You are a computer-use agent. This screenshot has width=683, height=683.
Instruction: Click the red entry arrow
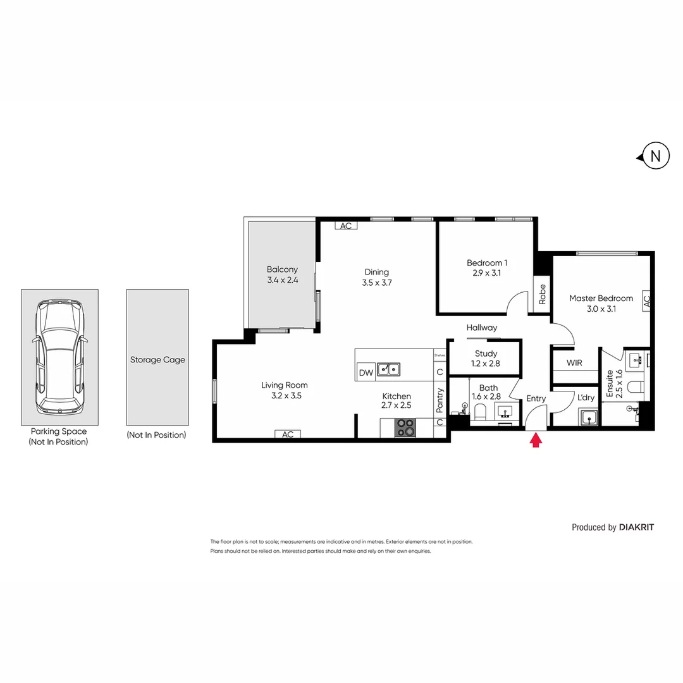[x=536, y=440]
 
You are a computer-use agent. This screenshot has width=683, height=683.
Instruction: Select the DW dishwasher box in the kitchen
[x=366, y=372]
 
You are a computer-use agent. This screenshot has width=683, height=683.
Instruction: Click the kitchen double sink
[x=388, y=369]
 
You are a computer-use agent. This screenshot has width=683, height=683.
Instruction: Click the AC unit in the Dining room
[x=345, y=226]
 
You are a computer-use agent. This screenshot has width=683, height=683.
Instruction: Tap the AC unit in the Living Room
[x=288, y=434]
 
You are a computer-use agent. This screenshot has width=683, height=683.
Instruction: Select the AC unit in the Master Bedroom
[x=646, y=300]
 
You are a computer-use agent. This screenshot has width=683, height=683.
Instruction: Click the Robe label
[x=542, y=295]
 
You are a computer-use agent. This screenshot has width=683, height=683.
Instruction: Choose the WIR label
[x=574, y=363]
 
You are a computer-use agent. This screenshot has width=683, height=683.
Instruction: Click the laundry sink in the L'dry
[x=589, y=418]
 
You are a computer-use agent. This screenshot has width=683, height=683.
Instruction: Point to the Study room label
[x=486, y=354]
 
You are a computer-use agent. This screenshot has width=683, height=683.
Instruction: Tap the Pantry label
[x=440, y=400]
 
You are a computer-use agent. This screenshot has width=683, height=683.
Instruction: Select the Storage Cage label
[x=157, y=360]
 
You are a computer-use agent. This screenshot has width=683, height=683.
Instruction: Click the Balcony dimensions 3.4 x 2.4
[x=282, y=279]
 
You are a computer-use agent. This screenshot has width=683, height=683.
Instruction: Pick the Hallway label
[x=482, y=328]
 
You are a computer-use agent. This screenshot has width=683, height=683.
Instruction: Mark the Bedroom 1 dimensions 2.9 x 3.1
[x=487, y=273]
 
